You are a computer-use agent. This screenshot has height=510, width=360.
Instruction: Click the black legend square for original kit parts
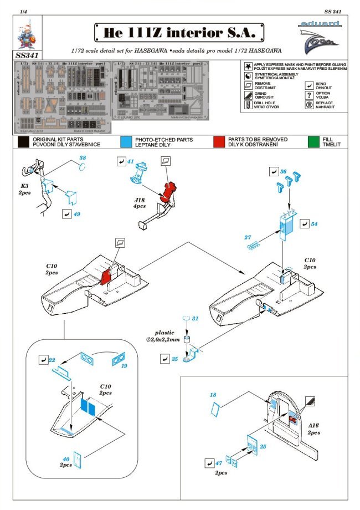(23, 142)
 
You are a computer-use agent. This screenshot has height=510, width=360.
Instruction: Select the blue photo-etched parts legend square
(125, 142)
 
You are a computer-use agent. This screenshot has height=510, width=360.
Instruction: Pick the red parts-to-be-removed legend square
(219, 142)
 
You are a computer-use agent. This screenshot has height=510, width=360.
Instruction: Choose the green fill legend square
(314, 142)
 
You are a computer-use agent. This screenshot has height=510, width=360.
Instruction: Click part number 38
(83, 159)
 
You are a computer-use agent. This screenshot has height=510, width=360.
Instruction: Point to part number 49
(77, 213)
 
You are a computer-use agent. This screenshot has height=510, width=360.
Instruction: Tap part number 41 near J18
(130, 161)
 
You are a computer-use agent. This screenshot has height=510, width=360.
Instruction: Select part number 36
(283, 171)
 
